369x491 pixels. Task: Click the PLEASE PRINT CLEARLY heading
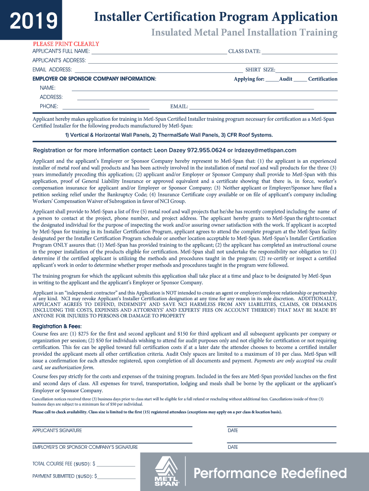pyautogui.click(x=66, y=44)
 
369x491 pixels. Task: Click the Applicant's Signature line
pyautogui.click(x=112, y=426)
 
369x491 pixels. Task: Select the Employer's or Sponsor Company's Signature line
pyautogui.click(x=112, y=442)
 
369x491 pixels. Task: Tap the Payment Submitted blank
pyautogui.click(x=116, y=476)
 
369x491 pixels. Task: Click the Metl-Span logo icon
pyautogui.click(x=167, y=470)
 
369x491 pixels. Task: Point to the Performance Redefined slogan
pyautogui.click(x=270, y=474)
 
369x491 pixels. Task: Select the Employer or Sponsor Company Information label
pyautogui.click(x=94, y=78)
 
